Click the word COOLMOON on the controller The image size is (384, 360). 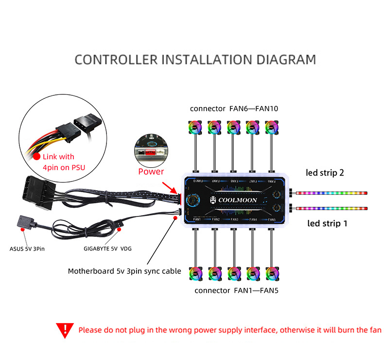(238, 200)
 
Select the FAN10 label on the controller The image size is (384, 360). (197, 180)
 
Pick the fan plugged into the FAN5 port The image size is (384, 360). (271, 274)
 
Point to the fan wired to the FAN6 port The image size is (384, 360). (271, 128)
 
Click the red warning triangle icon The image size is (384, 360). (64, 330)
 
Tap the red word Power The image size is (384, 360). (151, 171)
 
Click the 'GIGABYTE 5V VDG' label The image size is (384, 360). (107, 248)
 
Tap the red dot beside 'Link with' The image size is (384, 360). (36, 157)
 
